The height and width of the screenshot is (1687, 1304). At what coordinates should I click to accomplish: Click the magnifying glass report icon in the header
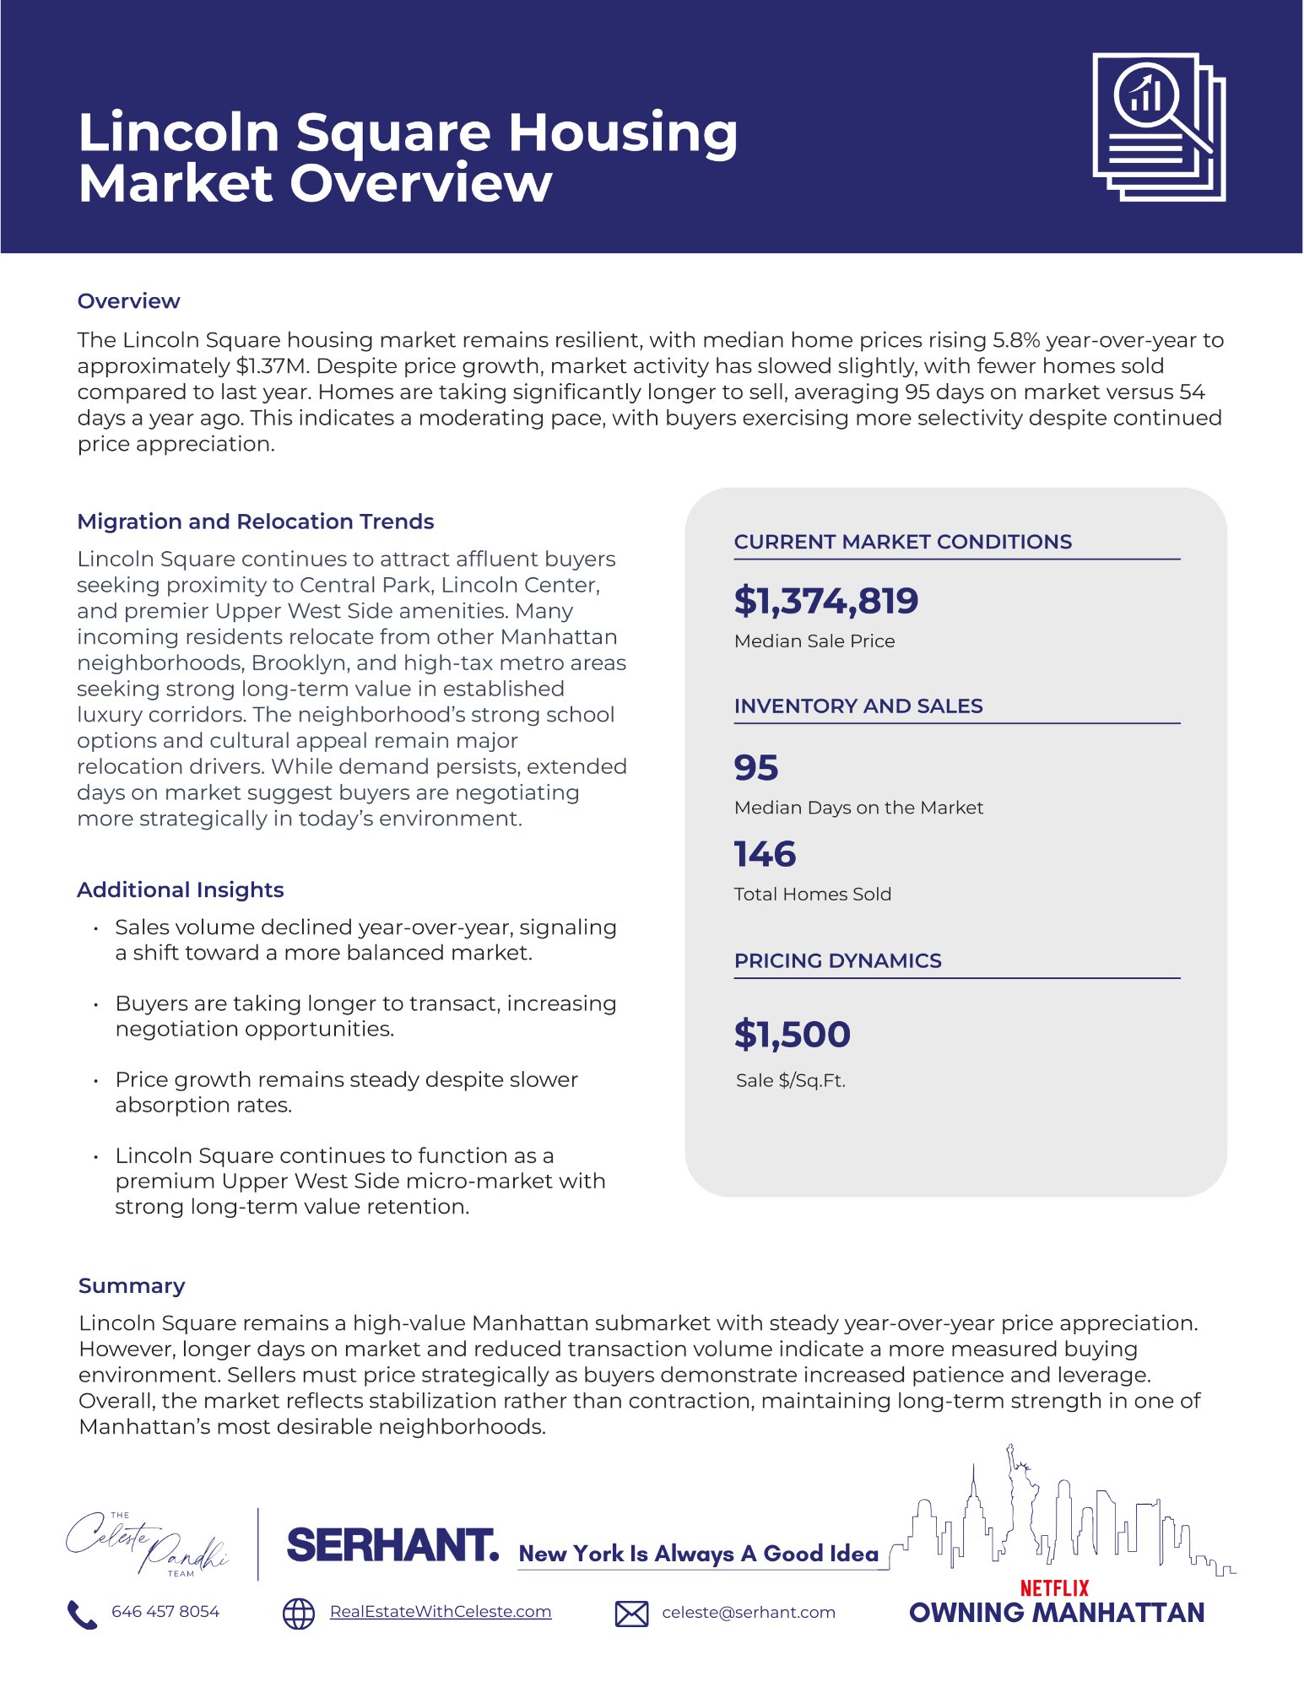click(x=1158, y=127)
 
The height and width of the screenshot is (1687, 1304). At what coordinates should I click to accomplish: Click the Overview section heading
click(x=128, y=301)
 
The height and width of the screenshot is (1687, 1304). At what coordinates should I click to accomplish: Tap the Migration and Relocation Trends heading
click(x=255, y=522)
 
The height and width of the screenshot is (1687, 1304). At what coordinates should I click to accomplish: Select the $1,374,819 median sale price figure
click(x=825, y=601)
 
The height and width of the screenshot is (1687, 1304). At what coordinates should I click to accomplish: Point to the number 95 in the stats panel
click(x=756, y=768)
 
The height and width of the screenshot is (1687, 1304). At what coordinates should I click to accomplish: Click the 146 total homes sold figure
click(x=765, y=854)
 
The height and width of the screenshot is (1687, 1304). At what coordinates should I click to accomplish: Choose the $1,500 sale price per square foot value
click(x=792, y=1035)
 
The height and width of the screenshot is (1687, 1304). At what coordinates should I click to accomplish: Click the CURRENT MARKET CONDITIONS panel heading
click(x=902, y=542)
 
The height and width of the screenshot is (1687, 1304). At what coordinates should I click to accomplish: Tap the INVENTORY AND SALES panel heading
click(x=858, y=706)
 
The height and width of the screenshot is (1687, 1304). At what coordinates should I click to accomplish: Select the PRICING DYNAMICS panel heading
click(x=837, y=961)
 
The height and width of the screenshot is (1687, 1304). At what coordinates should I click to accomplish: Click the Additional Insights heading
click(x=180, y=890)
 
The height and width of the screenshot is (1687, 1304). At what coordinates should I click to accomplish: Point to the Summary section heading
click(x=132, y=1286)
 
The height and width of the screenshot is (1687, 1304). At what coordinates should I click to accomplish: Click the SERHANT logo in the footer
click(x=392, y=1545)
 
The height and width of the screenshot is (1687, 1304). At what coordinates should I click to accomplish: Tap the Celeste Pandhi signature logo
click(x=148, y=1545)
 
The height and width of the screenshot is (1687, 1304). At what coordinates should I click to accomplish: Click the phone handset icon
click(x=82, y=1614)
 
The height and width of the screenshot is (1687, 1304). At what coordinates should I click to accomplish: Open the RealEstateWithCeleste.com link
click(x=440, y=1612)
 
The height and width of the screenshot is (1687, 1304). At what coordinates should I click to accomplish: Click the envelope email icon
click(x=631, y=1614)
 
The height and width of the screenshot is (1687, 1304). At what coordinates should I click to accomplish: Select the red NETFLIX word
click(x=1054, y=1588)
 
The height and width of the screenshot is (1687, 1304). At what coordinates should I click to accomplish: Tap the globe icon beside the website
click(x=298, y=1614)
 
